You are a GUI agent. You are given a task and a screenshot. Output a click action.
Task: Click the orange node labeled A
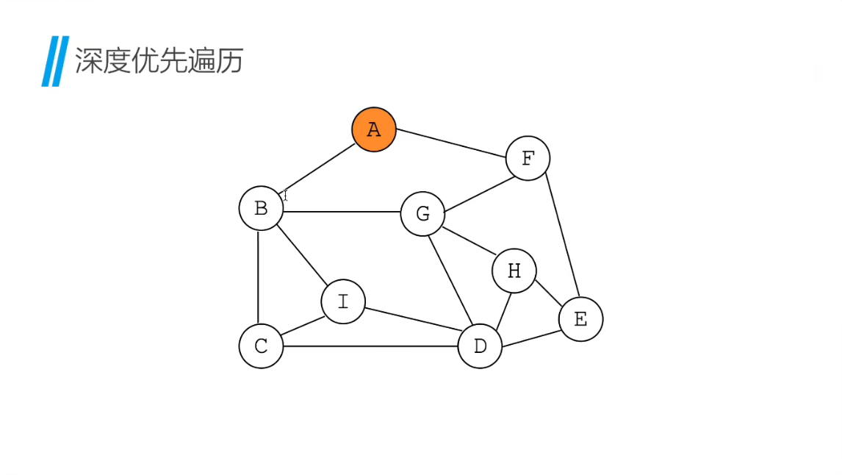(x=374, y=129)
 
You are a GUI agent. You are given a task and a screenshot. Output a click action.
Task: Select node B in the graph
(x=261, y=208)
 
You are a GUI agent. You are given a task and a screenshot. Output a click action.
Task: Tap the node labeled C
(x=261, y=346)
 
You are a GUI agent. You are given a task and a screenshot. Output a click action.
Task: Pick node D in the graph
(x=480, y=346)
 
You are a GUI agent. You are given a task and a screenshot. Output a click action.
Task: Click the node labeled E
(x=580, y=319)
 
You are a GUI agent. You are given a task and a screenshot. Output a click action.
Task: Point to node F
(x=528, y=158)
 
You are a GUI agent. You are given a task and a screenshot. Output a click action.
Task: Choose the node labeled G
(x=422, y=214)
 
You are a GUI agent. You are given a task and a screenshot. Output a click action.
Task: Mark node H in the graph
(x=514, y=271)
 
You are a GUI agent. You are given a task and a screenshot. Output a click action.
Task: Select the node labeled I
(x=343, y=301)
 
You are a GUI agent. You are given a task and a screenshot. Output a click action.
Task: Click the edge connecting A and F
(x=451, y=143)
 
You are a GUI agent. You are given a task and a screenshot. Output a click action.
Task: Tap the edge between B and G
(x=342, y=212)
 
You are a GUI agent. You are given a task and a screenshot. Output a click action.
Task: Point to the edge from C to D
(x=370, y=346)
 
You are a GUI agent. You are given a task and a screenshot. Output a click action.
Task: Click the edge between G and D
(x=451, y=280)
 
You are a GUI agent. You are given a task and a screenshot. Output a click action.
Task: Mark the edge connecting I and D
(x=411, y=321)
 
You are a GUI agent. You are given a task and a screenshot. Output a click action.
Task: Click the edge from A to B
(x=319, y=168)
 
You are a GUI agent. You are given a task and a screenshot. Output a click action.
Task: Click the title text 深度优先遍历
(x=159, y=61)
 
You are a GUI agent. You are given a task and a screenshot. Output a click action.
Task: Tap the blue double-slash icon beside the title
(x=55, y=61)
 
